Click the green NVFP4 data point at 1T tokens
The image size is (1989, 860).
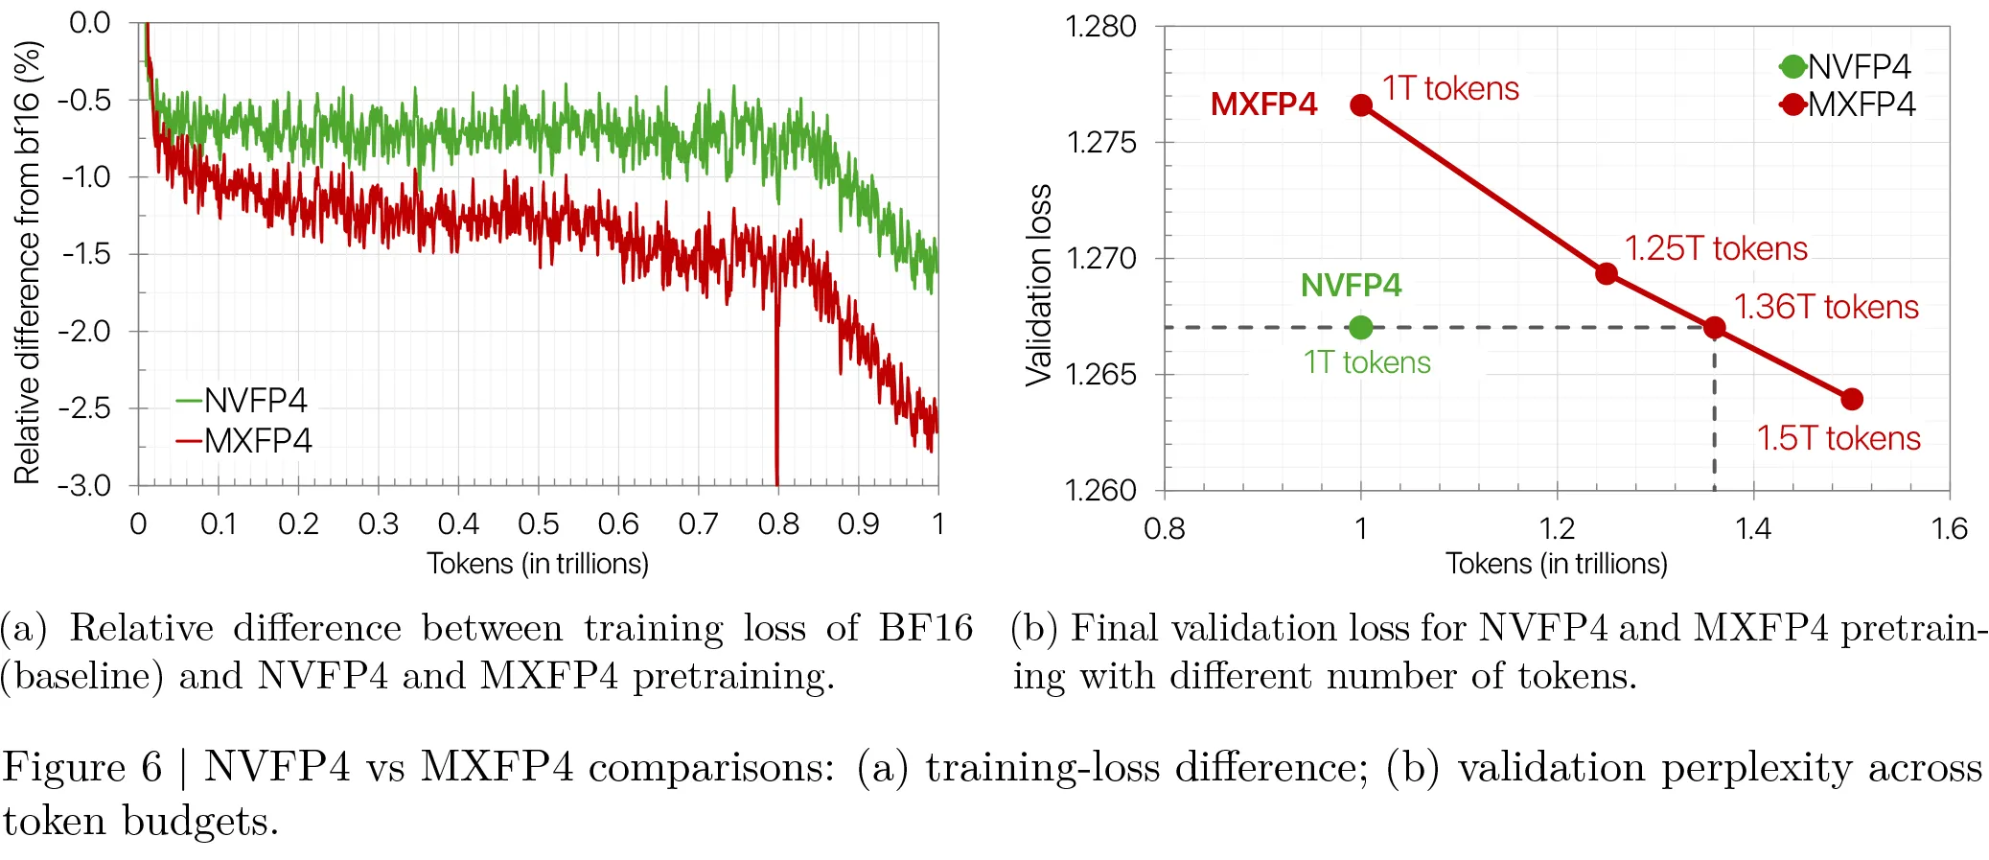pos(1360,328)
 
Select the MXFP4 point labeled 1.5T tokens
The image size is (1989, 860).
pos(1852,399)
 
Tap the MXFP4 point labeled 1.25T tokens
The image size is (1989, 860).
pos(1607,274)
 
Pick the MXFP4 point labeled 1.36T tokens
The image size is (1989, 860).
pos(1715,328)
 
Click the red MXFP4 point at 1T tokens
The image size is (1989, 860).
pos(1361,105)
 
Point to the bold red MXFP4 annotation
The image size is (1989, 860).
pos(1263,104)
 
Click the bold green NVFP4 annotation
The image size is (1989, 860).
pos(1351,285)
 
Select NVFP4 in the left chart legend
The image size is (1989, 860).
pos(255,400)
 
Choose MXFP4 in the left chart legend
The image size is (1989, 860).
pos(258,441)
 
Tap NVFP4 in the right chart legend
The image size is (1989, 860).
pos(1859,66)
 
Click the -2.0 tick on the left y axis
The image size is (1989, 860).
pos(84,331)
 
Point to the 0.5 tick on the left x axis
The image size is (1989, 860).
pos(539,523)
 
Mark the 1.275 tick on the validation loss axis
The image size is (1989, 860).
pos(1101,142)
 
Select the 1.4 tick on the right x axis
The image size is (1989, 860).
pos(1753,528)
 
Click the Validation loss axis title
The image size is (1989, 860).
pos(1039,285)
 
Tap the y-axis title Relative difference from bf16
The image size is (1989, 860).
pos(28,262)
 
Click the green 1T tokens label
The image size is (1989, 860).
pos(1366,362)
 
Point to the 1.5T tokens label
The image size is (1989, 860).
pos(1839,438)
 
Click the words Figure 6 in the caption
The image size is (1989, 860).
pos(82,768)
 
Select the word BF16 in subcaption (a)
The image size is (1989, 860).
pos(925,628)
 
